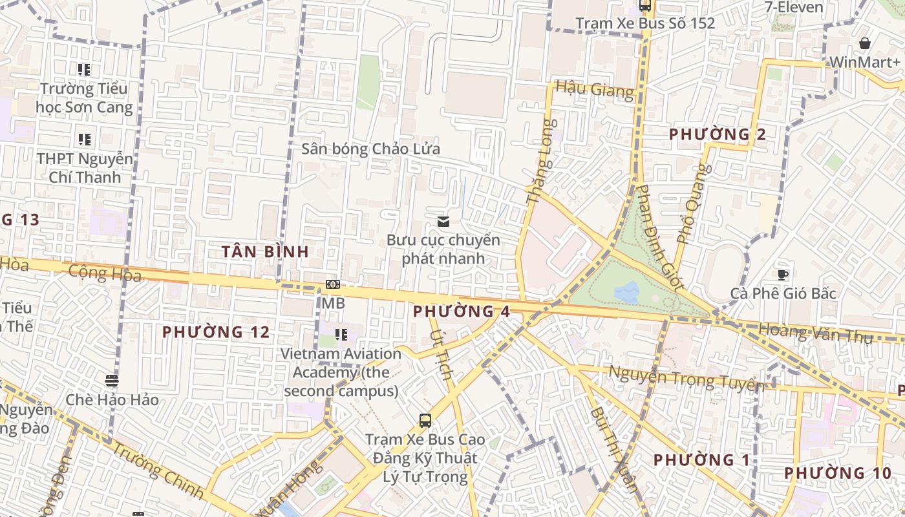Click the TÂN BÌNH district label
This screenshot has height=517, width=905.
pos(266,252)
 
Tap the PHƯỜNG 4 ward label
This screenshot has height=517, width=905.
pos(462,311)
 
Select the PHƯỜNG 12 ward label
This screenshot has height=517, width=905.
pos(215,332)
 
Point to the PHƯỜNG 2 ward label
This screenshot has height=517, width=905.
pos(718,134)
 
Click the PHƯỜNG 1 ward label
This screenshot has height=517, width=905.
pos(702,460)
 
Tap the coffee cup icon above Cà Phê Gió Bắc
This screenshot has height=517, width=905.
pos(783,275)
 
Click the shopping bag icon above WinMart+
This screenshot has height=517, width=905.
pos(864,43)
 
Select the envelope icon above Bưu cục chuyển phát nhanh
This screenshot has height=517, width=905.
pos(443,222)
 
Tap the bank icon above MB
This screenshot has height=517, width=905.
pos(333,284)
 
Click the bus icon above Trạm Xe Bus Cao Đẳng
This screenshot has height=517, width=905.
pos(425,421)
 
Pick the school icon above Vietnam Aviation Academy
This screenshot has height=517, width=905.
pos(341,335)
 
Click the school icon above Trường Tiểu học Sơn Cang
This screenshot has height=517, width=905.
pos(83,69)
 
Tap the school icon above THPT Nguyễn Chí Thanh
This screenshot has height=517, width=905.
pos(84,139)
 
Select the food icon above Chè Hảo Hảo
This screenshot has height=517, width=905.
pos(112,381)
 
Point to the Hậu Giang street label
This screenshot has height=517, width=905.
pos(595,89)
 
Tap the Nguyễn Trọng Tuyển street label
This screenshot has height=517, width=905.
pos(686,379)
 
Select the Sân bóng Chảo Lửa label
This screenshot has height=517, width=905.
pos(371,149)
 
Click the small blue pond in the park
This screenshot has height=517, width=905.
pos(626,292)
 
